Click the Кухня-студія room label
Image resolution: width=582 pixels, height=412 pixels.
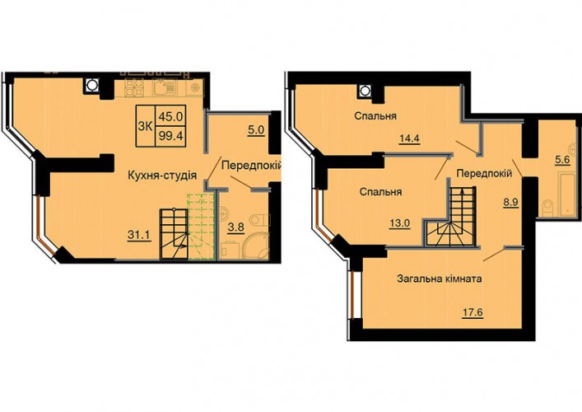(x=162, y=176)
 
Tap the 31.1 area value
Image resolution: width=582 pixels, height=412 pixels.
(x=139, y=235)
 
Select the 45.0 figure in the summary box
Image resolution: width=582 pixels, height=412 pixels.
(x=170, y=117)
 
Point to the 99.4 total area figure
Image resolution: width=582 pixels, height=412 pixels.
(x=170, y=136)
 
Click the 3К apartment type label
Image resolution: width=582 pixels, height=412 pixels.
(x=145, y=126)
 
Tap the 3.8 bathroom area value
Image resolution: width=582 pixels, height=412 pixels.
(x=236, y=227)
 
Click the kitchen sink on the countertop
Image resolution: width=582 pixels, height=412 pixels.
(x=164, y=88)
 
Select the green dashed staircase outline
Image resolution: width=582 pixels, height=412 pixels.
(x=202, y=226)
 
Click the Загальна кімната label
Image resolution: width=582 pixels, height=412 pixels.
(x=440, y=279)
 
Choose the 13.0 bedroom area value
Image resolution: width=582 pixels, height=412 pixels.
(x=400, y=223)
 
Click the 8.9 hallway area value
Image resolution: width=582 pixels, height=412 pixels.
(x=511, y=204)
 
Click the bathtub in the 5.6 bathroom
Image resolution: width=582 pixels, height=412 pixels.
(x=566, y=194)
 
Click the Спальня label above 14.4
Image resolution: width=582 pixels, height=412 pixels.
(x=375, y=116)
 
